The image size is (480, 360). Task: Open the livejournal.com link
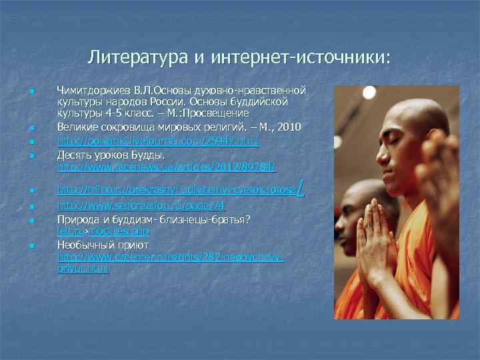coord(157,141)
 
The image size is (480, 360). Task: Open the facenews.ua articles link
coord(166,166)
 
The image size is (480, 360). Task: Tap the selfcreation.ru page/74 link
coord(141,207)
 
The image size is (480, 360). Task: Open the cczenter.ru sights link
coord(171,256)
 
